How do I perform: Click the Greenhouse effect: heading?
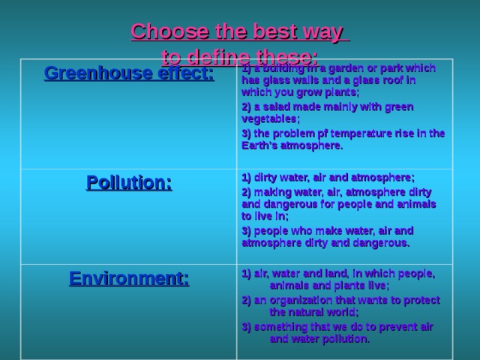click(x=129, y=73)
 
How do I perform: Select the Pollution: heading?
click(x=129, y=182)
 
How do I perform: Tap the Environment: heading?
click(x=129, y=279)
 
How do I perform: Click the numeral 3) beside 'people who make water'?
click(x=247, y=230)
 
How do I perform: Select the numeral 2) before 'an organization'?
click(x=247, y=300)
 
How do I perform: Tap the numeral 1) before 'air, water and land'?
click(x=247, y=273)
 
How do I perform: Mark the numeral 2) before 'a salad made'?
click(x=247, y=106)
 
